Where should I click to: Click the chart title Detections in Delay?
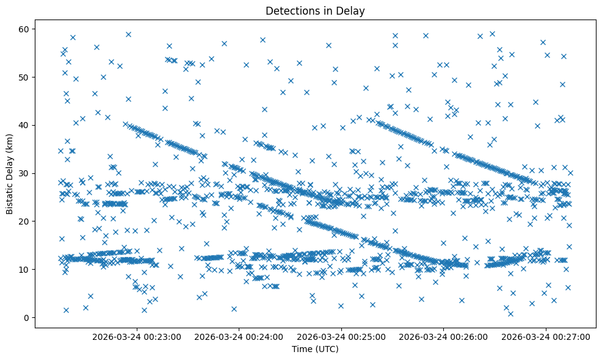click(315, 10)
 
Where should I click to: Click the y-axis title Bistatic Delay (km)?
click(10, 173)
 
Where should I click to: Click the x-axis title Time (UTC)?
click(315, 349)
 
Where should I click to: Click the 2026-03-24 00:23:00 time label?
click(137, 336)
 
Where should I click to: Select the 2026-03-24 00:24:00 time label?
click(239, 336)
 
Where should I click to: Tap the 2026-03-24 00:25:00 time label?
click(341, 336)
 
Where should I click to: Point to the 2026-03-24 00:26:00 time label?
click(443, 336)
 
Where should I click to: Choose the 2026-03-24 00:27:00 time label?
click(546, 336)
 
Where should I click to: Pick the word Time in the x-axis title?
click(302, 349)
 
